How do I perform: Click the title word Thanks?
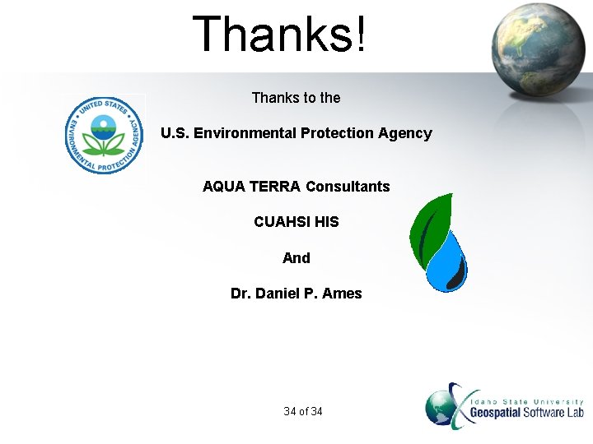pos(279,35)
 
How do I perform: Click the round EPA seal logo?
pos(104,135)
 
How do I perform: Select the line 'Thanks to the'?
pos(296,98)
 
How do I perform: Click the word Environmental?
pos(245,133)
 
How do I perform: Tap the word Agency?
pos(404,133)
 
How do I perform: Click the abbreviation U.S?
pos(175,133)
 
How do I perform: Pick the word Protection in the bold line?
pos(337,133)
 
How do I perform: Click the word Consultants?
pos(348,187)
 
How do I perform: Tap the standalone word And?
pos(296,258)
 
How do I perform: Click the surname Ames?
pos(342,294)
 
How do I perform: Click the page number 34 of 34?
pos(302,411)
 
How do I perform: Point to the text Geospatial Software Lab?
pos(526,412)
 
